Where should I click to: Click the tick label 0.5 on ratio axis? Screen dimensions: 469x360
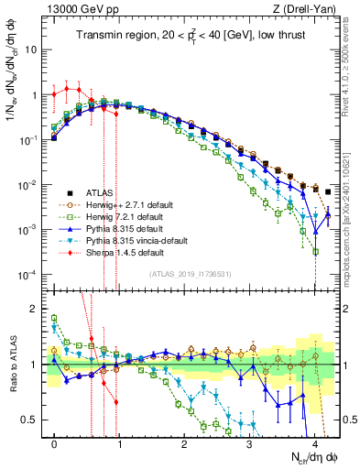click(29, 420)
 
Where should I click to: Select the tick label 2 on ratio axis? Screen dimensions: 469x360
click(33, 310)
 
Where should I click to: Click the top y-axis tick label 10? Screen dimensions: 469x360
click(30, 49)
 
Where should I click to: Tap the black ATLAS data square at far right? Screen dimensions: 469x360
click(328, 192)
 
